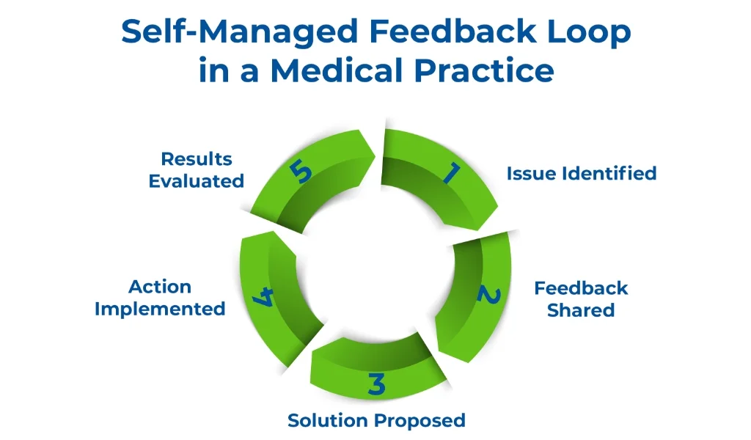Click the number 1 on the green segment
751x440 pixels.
point(450,173)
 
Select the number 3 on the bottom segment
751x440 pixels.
point(376,384)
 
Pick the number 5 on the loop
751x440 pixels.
point(301,173)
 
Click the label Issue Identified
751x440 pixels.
point(581,174)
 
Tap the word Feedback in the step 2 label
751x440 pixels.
point(581,287)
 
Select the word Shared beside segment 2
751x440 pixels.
point(581,310)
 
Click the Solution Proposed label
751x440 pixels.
point(376,420)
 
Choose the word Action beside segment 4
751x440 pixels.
point(160,286)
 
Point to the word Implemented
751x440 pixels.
point(160,309)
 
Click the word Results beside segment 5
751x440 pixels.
point(197,158)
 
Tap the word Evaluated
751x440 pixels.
point(197,181)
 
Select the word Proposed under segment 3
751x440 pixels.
point(422,420)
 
